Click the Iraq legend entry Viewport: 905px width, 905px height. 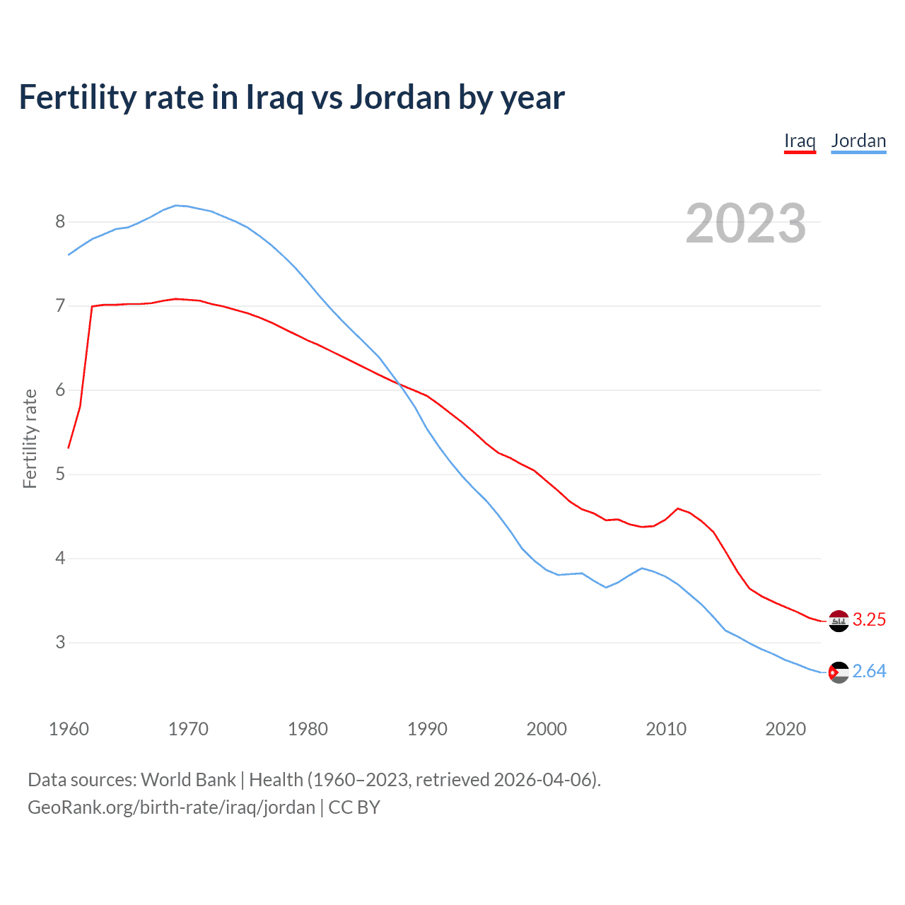click(800, 141)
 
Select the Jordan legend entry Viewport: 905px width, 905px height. click(858, 141)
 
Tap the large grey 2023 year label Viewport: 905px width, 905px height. click(746, 223)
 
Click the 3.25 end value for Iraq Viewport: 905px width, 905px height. click(869, 619)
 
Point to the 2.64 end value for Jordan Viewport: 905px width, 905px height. click(869, 671)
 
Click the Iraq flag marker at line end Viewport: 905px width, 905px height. click(839, 621)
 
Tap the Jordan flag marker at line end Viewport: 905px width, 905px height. click(839, 672)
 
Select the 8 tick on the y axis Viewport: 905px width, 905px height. click(60, 222)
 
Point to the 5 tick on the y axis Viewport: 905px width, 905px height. click(60, 474)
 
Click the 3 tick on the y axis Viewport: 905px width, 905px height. click(60, 643)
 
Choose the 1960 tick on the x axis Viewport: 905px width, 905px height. click(69, 729)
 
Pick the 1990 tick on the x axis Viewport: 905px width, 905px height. click(427, 729)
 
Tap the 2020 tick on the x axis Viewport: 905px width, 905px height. click(786, 729)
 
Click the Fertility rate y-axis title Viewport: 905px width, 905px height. click(30, 438)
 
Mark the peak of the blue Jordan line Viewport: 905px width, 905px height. click(177, 206)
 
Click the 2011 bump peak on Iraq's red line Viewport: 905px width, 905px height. click(678, 508)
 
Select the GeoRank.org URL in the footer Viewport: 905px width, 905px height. click(172, 807)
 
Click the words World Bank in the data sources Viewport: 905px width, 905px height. click(188, 780)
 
